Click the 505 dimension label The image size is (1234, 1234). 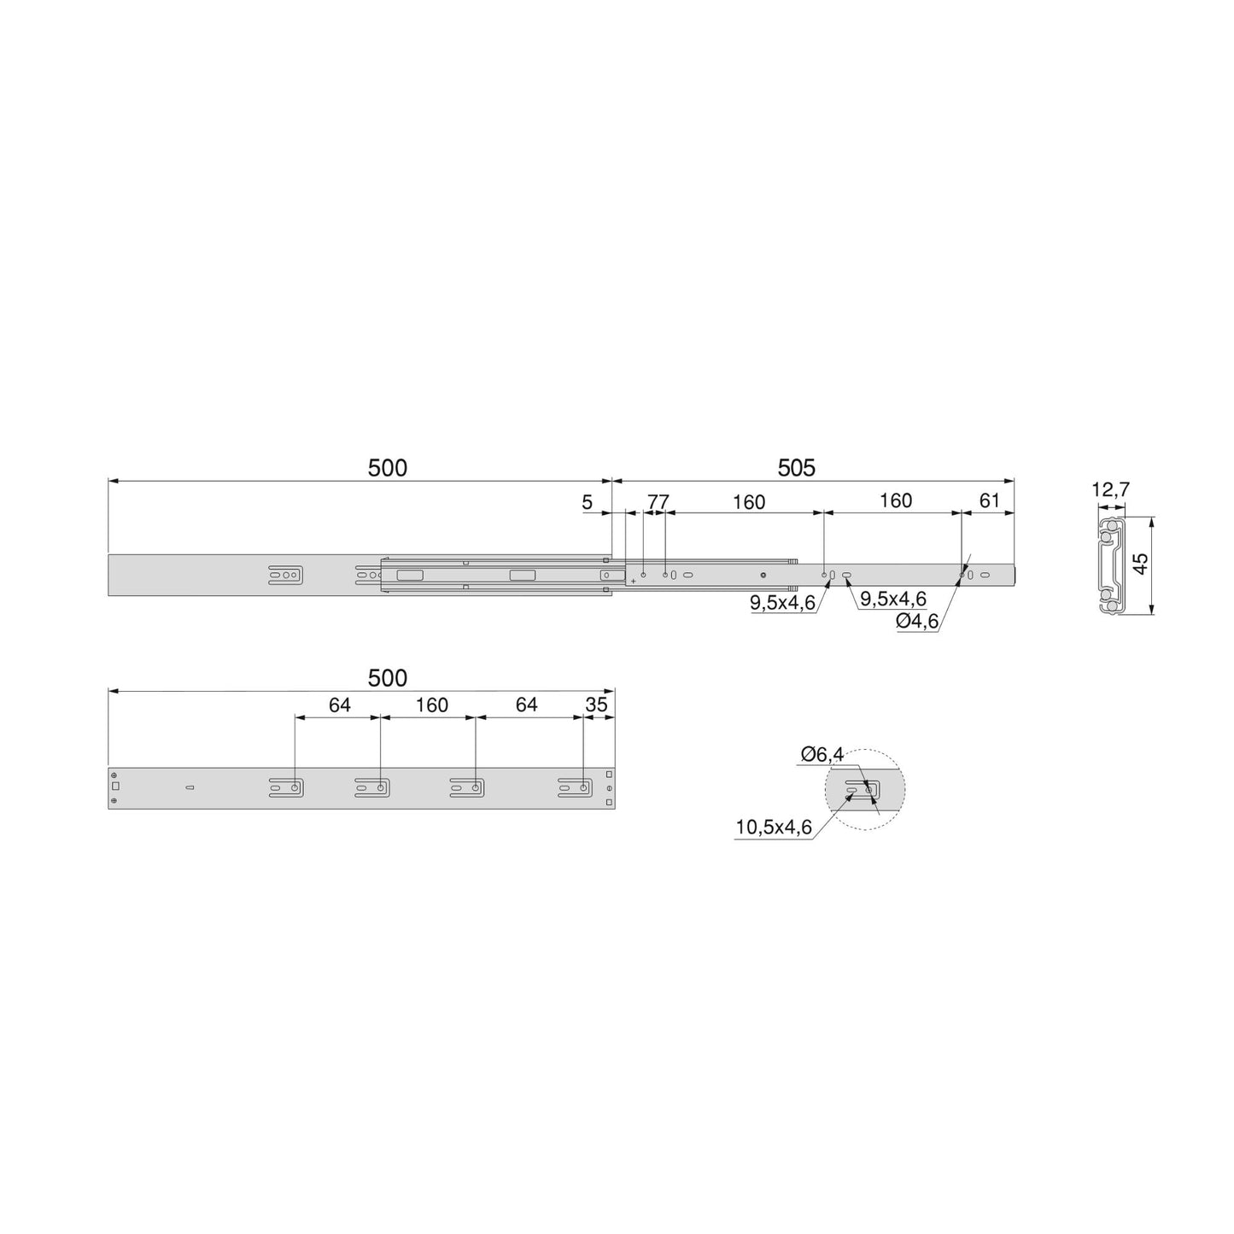[x=796, y=468]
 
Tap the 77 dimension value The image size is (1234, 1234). [x=657, y=501]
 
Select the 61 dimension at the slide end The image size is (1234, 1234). [x=989, y=500]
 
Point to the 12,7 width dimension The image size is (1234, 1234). [x=1110, y=490]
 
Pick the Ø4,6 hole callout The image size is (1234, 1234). [x=917, y=622]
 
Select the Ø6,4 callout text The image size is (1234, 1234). [x=822, y=754]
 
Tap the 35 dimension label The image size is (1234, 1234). [x=596, y=705]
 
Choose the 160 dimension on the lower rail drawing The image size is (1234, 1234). [x=431, y=705]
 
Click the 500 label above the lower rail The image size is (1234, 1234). [x=387, y=678]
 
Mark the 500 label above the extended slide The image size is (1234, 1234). [x=387, y=468]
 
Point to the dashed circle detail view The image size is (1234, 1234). [x=864, y=790]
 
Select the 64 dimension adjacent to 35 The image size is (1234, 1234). [x=527, y=705]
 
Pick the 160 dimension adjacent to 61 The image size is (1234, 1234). [x=896, y=500]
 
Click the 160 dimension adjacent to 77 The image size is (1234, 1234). [x=749, y=502]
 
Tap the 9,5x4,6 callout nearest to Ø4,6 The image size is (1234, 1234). [x=892, y=599]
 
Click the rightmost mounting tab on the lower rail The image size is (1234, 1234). [x=575, y=787]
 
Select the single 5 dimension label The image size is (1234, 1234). [x=587, y=502]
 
